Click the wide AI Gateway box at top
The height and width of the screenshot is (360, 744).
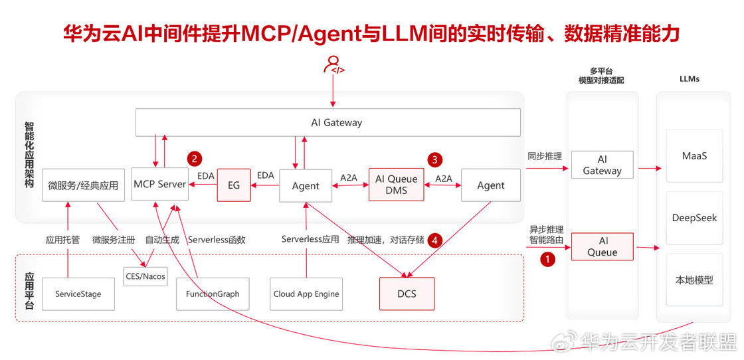[x=327, y=122]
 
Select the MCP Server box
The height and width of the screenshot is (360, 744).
[x=159, y=184]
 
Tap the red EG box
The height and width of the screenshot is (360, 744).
[x=233, y=185]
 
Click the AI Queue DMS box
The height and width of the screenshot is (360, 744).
[x=396, y=184]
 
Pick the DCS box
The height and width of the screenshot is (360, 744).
[x=407, y=293]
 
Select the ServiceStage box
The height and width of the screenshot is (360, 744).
[x=78, y=294]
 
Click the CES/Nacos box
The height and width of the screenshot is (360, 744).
[x=145, y=276]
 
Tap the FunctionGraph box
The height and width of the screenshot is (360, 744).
[x=213, y=294]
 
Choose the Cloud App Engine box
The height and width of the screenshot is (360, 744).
[x=306, y=294]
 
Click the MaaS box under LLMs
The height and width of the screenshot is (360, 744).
[x=694, y=155]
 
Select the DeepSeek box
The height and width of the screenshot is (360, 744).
[x=694, y=218]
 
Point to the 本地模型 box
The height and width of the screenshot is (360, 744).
[x=694, y=280]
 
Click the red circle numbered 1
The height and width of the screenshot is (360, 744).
[x=547, y=260]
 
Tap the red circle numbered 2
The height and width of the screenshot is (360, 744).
[x=194, y=158]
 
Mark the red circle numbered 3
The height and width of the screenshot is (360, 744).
[x=434, y=159]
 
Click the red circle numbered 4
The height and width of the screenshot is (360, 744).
[x=434, y=239]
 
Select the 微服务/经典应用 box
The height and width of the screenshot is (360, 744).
[x=82, y=185]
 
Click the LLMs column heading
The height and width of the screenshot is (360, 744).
[x=689, y=79]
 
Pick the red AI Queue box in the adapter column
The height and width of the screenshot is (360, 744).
[x=602, y=246]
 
